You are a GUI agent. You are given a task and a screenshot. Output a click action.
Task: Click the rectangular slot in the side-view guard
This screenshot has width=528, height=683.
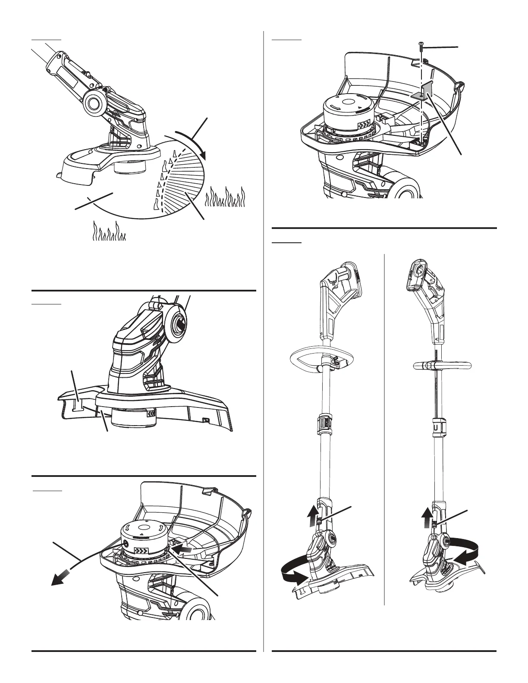pyautogui.click(x=79, y=404)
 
